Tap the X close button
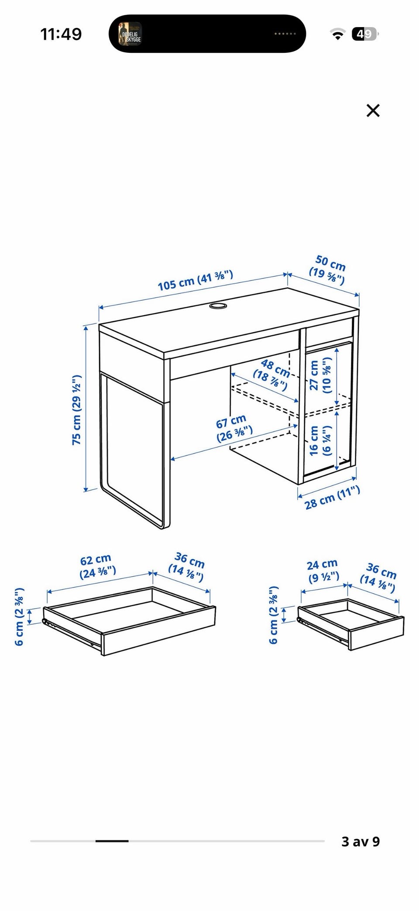tap(373, 110)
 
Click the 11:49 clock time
tap(61, 34)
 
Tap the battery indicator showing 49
tap(366, 34)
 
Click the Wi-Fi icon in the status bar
tap(337, 34)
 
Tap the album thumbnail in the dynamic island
tap(130, 34)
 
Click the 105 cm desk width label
tap(195, 280)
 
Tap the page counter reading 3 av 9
tap(361, 841)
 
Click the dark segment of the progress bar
tap(112, 841)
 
